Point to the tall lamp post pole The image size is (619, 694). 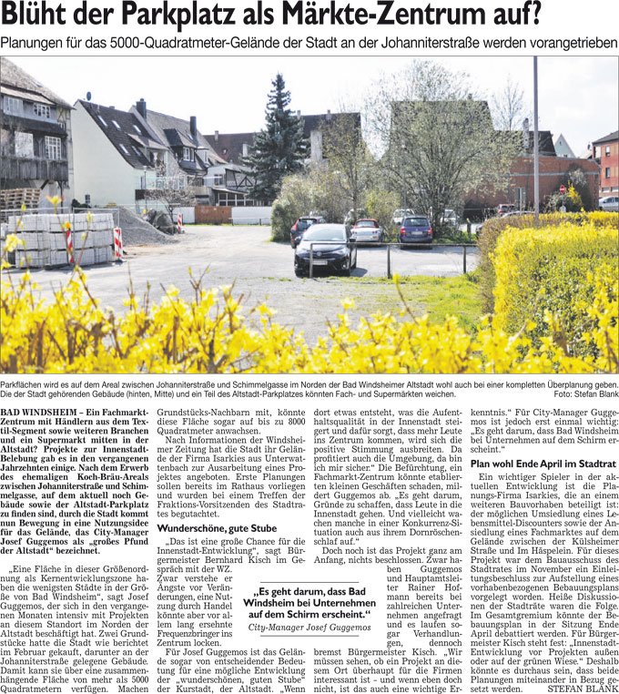[x=536, y=137]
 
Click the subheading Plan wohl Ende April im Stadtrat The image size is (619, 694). [x=543, y=464]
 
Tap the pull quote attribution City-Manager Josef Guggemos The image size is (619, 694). [x=314, y=628]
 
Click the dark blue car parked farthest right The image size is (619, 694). [x=416, y=230]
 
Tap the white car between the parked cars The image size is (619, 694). [x=367, y=231]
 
